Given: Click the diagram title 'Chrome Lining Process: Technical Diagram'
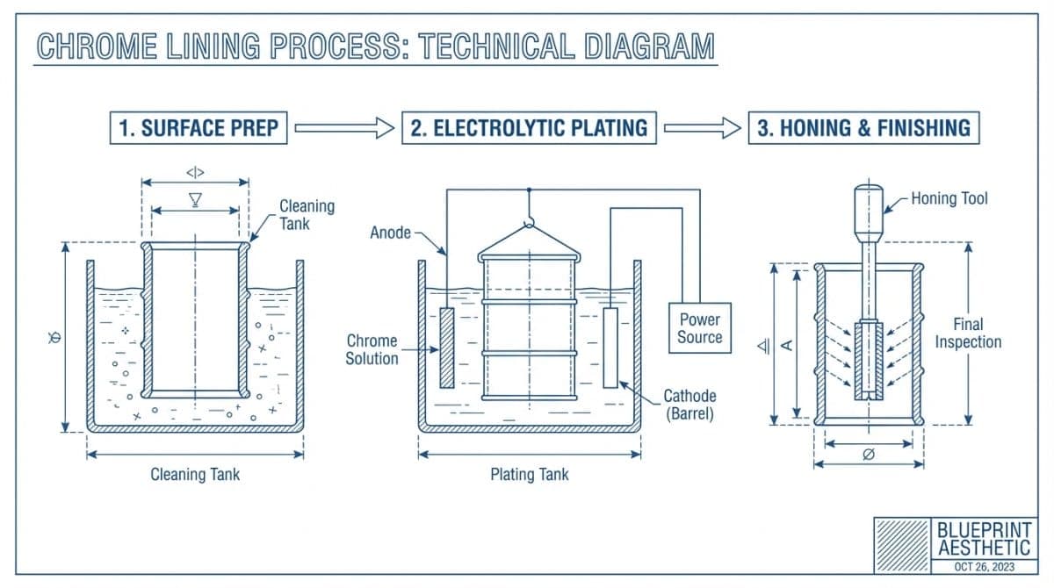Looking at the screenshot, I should coord(376,47).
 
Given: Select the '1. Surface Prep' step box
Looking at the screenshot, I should coord(199,128).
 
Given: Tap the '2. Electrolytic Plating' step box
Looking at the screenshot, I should coord(529,128).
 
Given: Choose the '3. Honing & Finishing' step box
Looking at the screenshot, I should coord(863,128).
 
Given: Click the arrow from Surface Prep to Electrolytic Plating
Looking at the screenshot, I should coord(344,128).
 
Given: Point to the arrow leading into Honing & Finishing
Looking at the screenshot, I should coord(703,128).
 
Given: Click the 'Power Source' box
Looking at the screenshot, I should coord(699,328).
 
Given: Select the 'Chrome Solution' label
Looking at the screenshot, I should coord(372,349).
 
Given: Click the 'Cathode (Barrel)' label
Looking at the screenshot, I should coord(689,405).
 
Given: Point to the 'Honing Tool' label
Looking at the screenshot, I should coord(949,199).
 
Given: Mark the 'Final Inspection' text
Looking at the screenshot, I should coord(968,333).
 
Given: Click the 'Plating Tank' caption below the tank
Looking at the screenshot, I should coord(529,475).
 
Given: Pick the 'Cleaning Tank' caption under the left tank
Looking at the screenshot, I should coord(195,475).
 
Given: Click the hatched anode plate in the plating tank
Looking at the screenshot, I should coord(446,348).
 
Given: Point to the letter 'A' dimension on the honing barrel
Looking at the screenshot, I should coord(788,345).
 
